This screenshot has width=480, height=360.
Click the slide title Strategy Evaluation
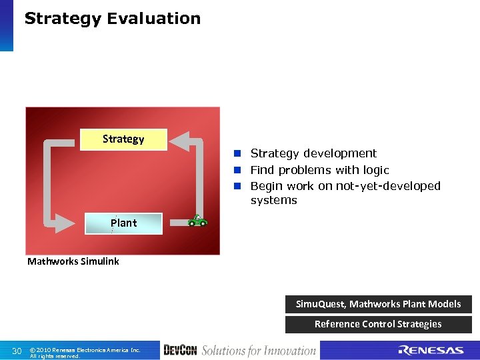112,19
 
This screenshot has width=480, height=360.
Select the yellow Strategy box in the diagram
123,139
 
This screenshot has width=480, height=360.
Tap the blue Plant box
123,223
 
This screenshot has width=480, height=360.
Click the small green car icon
197,221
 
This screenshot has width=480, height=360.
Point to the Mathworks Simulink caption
73,261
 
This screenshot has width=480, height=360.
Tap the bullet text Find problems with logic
319,170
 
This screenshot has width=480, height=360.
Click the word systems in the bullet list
273,200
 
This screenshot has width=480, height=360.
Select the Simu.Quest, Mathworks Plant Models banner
378,304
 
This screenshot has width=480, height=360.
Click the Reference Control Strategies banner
378,324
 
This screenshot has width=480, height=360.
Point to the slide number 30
17,351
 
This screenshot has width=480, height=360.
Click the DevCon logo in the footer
180,350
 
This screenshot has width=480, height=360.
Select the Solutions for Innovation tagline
258,350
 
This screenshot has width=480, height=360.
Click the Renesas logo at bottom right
431,351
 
